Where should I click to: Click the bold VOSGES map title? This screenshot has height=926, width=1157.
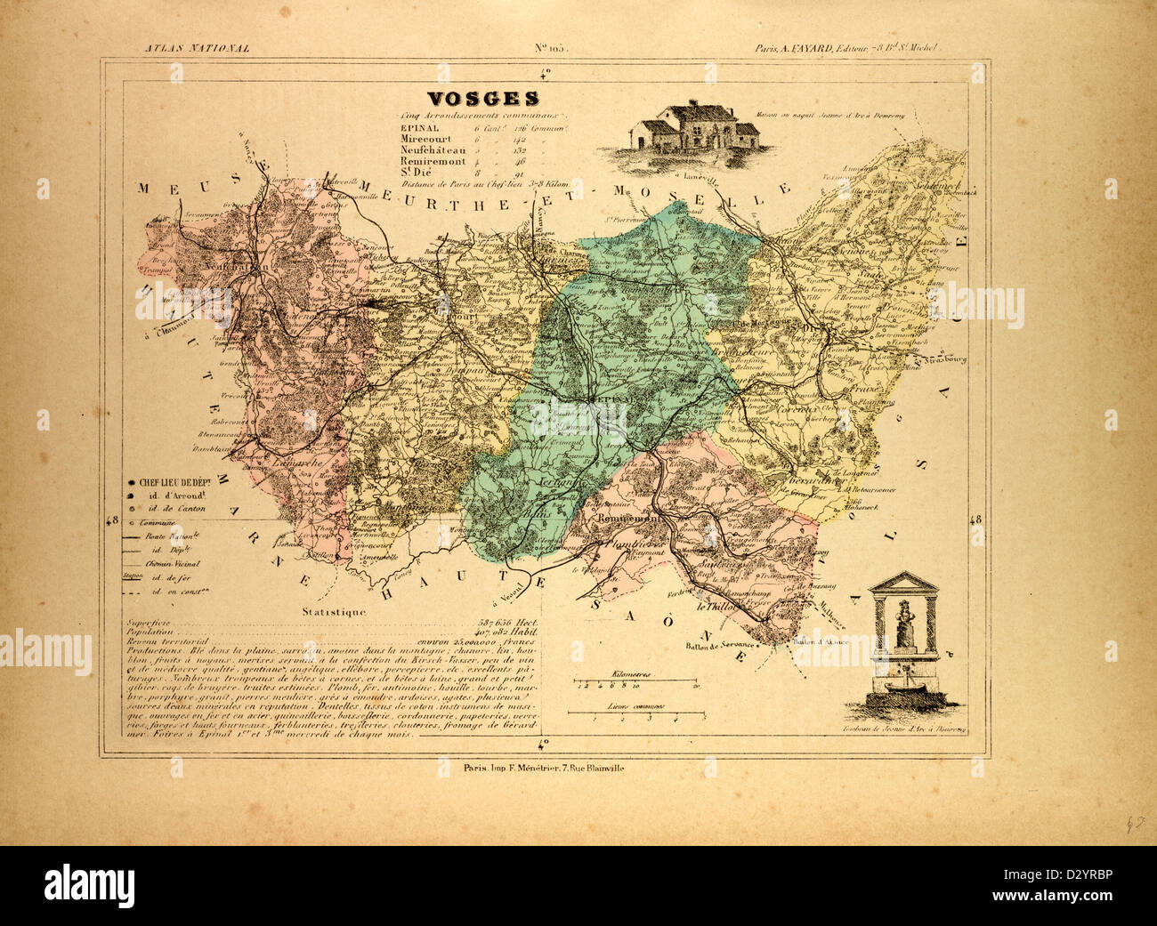[482, 99]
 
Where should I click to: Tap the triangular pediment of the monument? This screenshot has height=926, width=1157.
[903, 583]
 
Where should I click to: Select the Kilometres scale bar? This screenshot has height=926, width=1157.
[636, 683]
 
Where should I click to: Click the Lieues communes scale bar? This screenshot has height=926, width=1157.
[636, 714]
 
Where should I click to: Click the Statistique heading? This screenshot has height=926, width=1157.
[333, 612]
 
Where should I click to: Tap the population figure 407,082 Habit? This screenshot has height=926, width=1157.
[506, 632]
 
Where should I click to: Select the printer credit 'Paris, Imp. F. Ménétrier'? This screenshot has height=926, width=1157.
[532, 768]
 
